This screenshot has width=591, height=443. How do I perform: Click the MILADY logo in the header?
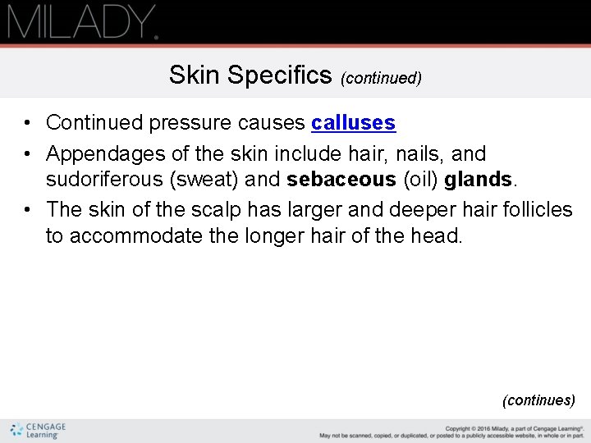[x=82, y=21]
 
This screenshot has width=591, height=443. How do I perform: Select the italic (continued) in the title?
[x=382, y=78]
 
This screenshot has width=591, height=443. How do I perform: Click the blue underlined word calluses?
[x=353, y=123]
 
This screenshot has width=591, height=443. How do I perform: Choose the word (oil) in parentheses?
[x=419, y=180]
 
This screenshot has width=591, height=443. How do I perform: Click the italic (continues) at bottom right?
[x=538, y=400]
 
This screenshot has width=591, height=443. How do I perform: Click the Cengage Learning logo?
[x=38, y=431]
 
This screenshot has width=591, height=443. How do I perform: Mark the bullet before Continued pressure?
[x=27, y=124]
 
